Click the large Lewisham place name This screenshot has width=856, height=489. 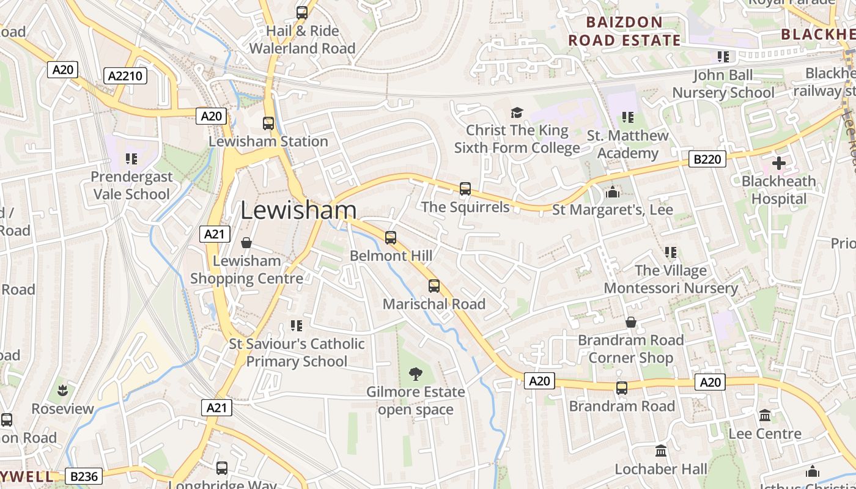[298, 210]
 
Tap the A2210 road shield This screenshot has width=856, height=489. [126, 76]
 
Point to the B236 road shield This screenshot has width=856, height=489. [84, 476]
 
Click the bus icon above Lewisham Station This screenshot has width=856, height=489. [268, 123]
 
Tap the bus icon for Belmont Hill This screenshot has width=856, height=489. [391, 238]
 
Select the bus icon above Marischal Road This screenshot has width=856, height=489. [434, 286]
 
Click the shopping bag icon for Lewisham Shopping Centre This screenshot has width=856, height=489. [246, 243]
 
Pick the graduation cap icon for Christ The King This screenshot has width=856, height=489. [517, 112]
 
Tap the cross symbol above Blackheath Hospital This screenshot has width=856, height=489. [779, 163]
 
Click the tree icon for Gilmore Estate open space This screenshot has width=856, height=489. [416, 373]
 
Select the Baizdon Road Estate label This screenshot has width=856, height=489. [624, 32]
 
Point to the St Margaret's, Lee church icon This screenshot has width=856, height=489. [612, 192]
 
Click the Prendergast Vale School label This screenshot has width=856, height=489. [131, 185]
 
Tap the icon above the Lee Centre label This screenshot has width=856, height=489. [765, 416]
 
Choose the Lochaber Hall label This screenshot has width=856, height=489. [661, 469]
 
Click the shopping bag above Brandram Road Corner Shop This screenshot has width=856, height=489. [631, 322]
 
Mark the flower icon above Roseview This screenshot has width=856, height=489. [62, 390]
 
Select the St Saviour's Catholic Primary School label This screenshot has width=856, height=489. [297, 353]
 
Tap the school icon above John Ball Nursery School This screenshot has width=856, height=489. [723, 57]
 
